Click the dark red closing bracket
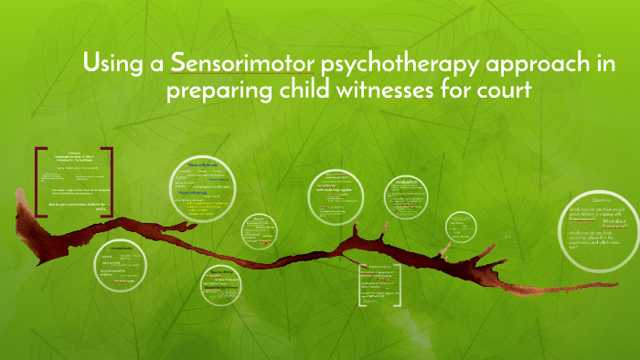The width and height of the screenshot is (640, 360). (x=111, y=180)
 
